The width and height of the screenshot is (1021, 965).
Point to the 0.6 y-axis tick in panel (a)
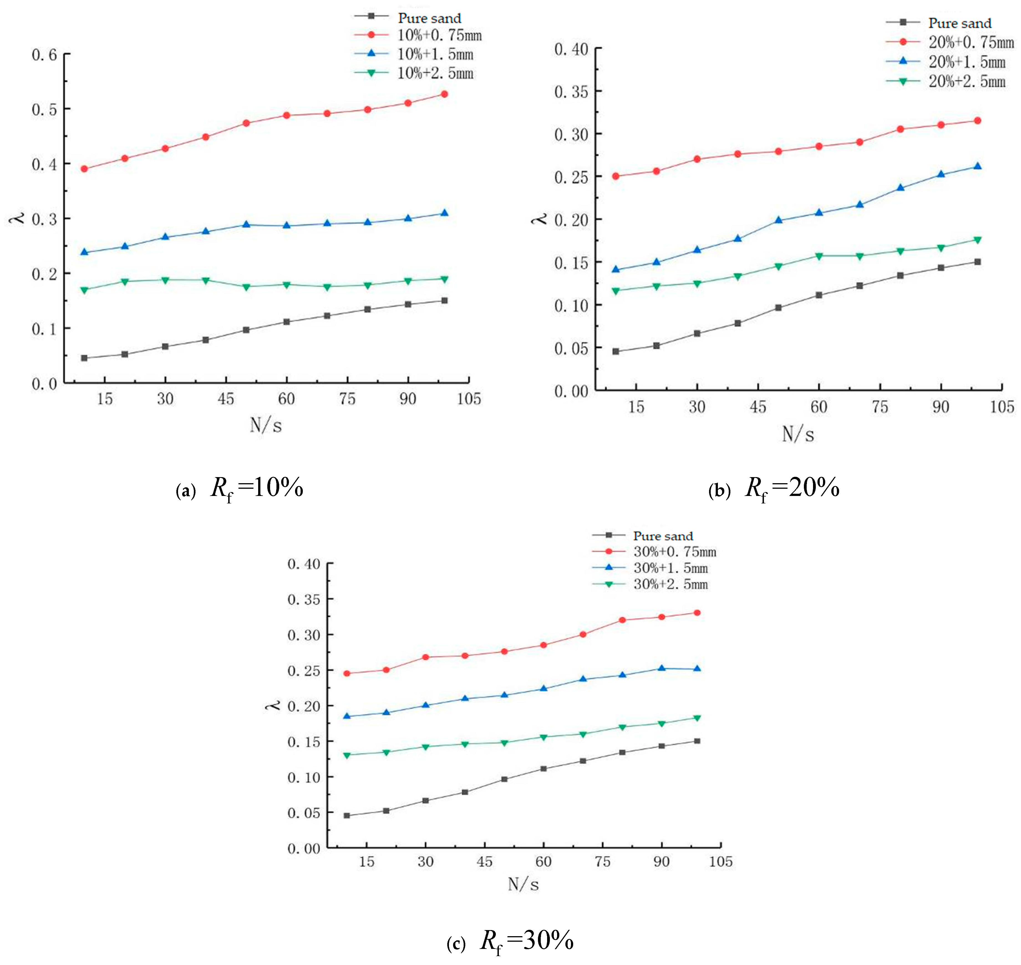point(44,55)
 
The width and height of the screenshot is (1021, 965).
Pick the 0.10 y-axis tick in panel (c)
point(304,777)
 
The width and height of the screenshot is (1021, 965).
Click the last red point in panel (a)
point(445,94)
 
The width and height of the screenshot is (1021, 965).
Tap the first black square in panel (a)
point(84,358)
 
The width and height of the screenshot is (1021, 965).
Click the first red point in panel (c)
point(347,673)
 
